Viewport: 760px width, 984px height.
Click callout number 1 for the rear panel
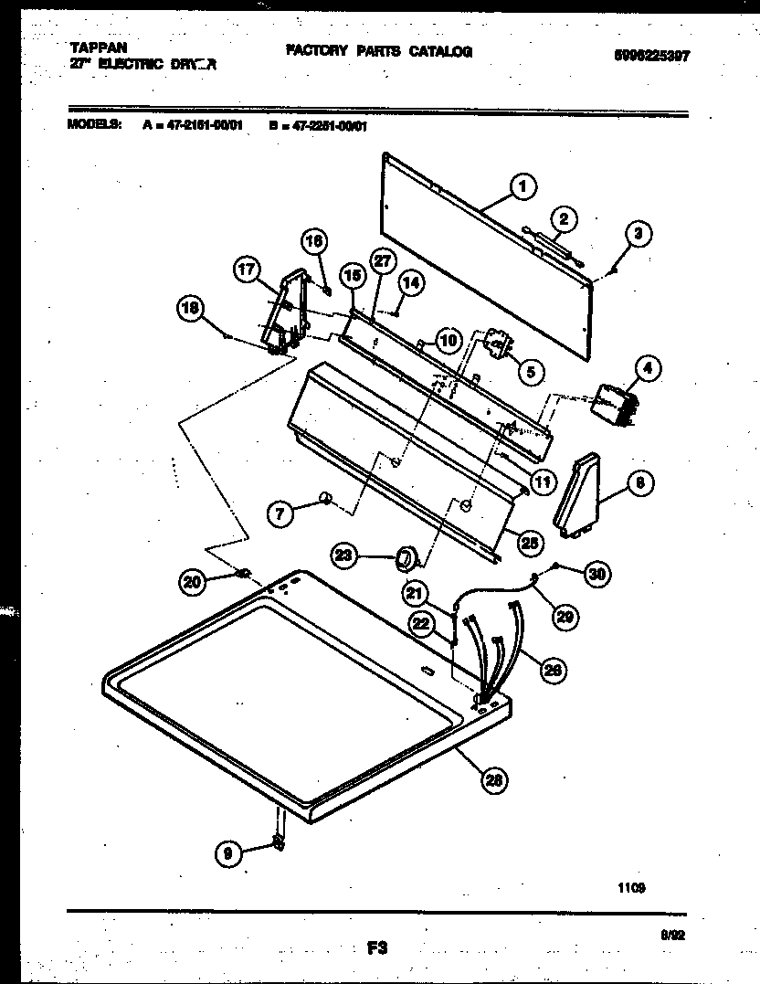pos(521,188)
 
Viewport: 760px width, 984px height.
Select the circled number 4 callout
pos(647,369)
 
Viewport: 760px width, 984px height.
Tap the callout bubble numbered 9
pos(227,853)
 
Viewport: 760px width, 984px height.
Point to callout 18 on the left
pos(190,310)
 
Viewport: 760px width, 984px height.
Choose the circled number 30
pos(596,574)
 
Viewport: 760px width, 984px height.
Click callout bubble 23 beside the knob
pos(343,554)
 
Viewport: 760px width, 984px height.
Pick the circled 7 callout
pos(280,513)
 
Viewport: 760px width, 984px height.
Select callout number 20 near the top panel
pos(192,581)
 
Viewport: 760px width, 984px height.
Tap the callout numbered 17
pos(247,270)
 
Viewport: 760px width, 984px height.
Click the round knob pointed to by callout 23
pos(406,556)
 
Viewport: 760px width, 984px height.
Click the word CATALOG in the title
pos(439,52)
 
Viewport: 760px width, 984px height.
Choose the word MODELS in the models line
pos(95,127)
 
